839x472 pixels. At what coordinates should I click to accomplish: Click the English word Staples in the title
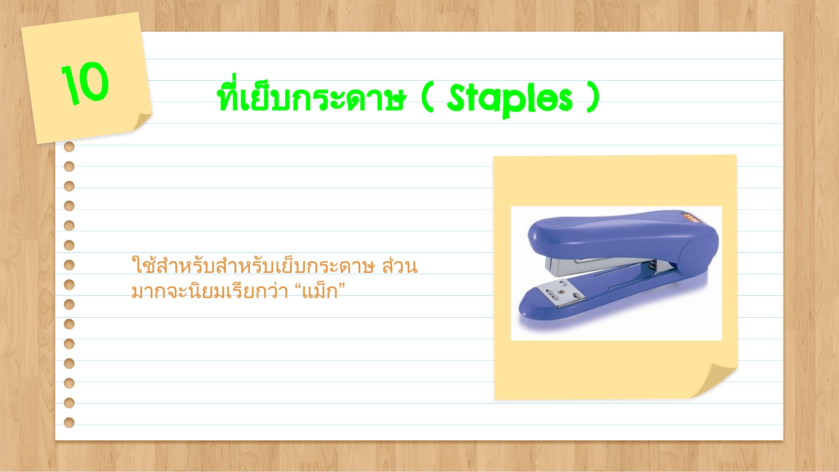point(509,99)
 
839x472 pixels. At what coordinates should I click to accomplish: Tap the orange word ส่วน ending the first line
point(399,266)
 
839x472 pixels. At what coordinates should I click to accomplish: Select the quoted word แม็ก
point(320,292)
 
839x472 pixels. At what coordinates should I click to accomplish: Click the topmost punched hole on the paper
point(69,147)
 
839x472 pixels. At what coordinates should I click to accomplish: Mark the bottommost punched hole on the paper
point(69,423)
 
